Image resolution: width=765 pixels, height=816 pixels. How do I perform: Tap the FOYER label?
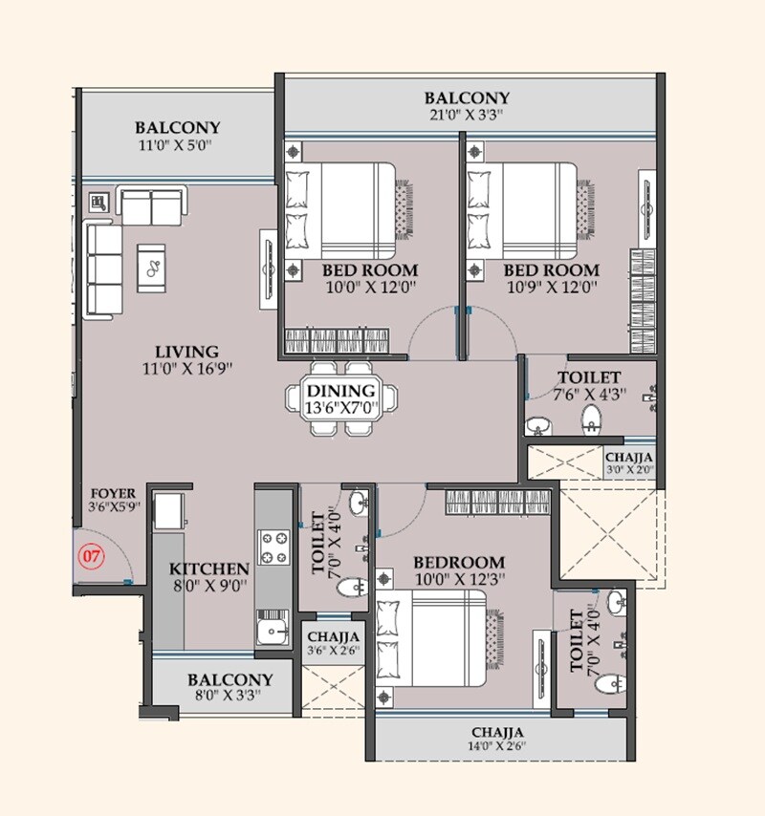pyautogui.click(x=113, y=493)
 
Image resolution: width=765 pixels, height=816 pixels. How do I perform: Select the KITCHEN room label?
pyautogui.click(x=209, y=569)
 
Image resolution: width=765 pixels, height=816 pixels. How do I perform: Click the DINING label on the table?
pyautogui.click(x=340, y=391)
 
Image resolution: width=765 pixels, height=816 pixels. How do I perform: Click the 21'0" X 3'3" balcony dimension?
pyautogui.click(x=467, y=116)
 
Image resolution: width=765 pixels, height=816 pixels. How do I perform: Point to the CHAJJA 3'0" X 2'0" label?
pyautogui.click(x=628, y=462)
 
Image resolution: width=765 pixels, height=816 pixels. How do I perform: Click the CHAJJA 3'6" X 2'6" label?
pyautogui.click(x=333, y=644)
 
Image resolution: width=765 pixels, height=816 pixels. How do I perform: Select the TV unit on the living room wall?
pyautogui.click(x=267, y=268)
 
